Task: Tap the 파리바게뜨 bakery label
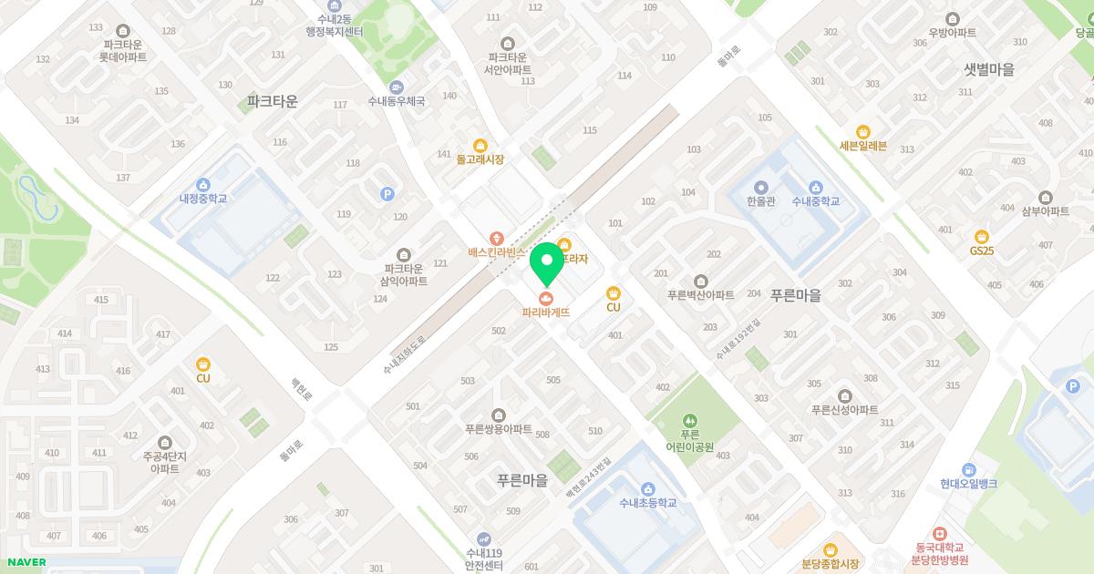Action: coord(546,312)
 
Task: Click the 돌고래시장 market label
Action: coord(480,159)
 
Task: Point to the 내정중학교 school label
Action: coord(203,199)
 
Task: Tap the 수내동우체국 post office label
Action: coord(397,101)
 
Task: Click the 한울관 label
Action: coord(760,201)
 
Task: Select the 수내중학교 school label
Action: coord(816,201)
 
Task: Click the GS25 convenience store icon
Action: coord(982,237)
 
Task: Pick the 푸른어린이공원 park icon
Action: coord(689,420)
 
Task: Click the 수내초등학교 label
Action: coord(647,502)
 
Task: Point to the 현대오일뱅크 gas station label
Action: coord(968,484)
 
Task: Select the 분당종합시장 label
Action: coord(830,564)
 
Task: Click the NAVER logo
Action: coord(26,562)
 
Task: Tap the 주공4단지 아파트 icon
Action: coord(164,442)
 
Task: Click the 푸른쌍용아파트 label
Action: coord(498,429)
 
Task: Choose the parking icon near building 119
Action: coord(387,194)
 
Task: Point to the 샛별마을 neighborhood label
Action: coord(989,70)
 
